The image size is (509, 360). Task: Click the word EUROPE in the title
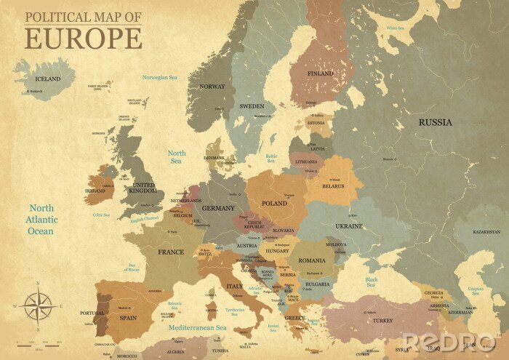click(83, 37)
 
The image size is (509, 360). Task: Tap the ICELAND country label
click(48, 79)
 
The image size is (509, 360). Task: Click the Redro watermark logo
click(449, 342)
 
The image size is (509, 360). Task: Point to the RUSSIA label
click(435, 122)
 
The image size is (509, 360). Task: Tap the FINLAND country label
click(320, 73)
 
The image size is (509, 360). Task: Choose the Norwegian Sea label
click(160, 77)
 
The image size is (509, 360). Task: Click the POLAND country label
click(274, 204)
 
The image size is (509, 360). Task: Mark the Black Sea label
click(372, 281)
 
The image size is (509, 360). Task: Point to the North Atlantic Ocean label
click(41, 220)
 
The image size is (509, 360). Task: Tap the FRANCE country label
click(171, 252)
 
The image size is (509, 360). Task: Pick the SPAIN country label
click(127, 318)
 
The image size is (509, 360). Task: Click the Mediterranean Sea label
click(198, 328)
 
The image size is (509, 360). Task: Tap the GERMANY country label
click(218, 208)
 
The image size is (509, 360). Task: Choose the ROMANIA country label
click(311, 260)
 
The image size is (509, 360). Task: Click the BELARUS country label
click(332, 185)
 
